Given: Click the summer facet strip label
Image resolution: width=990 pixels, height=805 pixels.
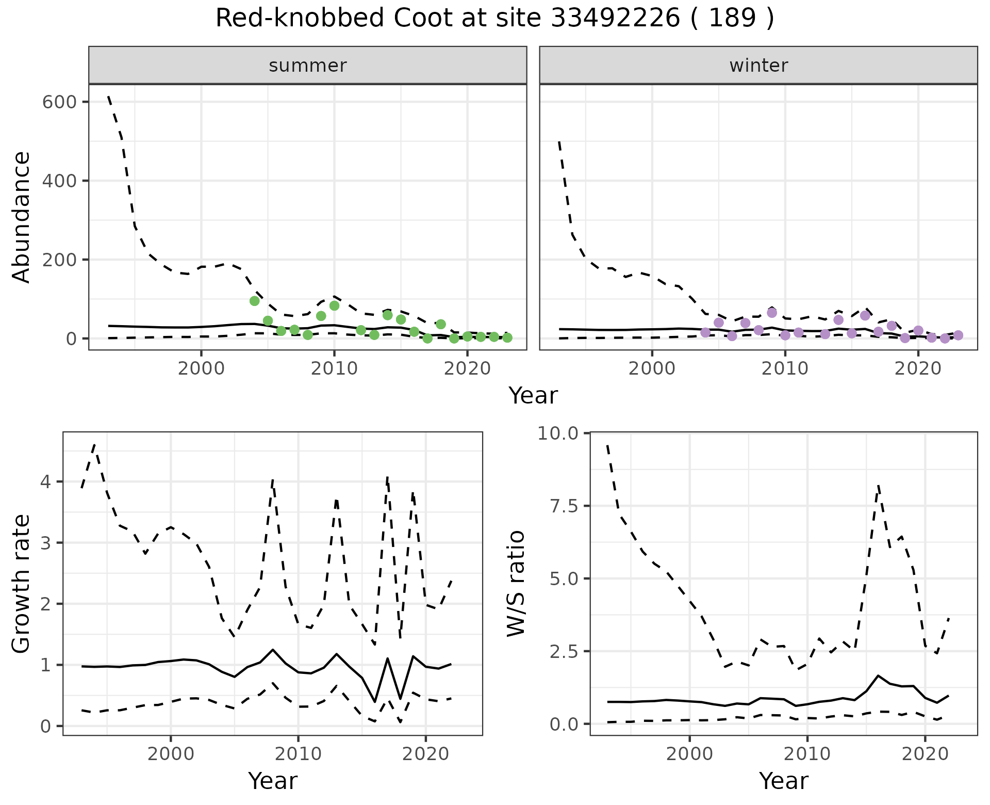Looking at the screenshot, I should (307, 66).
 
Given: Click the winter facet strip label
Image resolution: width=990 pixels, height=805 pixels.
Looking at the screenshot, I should (758, 66).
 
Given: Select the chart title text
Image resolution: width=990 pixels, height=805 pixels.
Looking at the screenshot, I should (494, 19).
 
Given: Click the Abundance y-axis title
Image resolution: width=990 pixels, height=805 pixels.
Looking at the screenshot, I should (21, 217).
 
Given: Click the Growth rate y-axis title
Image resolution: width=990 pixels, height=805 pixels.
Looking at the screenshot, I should (21, 584).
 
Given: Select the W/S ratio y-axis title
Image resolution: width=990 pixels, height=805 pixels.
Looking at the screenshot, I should (516, 584).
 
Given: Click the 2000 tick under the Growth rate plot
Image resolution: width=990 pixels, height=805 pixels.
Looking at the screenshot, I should (171, 754).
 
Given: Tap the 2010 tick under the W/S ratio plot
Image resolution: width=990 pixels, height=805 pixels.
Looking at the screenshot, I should (807, 754).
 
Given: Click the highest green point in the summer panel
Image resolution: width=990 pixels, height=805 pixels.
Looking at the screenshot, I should (254, 301).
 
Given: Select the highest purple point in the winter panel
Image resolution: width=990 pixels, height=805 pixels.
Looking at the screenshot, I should (772, 313).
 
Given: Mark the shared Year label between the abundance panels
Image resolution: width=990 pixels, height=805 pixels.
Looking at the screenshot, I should (533, 396).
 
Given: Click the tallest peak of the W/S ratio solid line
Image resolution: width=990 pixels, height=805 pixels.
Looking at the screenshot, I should (878, 675).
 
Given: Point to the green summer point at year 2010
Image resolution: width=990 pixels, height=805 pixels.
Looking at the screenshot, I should (334, 305).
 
